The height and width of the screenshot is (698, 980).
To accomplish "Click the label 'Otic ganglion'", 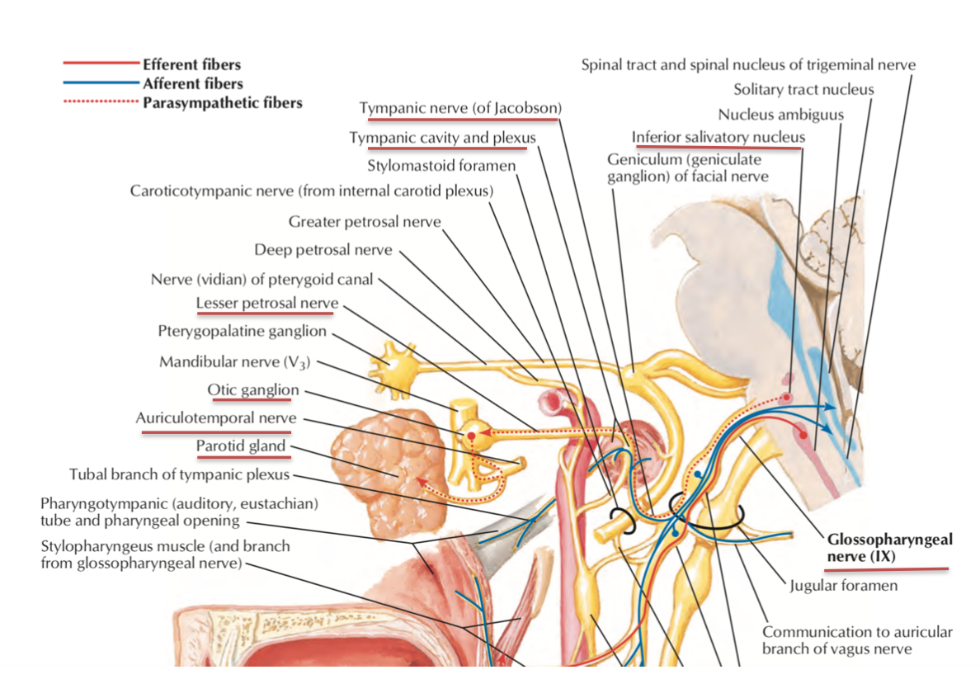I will click(x=253, y=389).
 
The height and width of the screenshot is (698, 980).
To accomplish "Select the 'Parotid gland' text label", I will click(x=241, y=446).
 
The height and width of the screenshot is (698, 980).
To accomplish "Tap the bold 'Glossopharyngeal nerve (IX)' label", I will click(x=889, y=548).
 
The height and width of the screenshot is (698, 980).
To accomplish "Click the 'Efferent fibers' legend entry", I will click(x=191, y=64).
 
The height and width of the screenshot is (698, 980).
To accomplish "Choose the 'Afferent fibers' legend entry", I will click(x=192, y=83).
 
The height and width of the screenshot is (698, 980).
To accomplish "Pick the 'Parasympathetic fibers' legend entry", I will click(x=222, y=103).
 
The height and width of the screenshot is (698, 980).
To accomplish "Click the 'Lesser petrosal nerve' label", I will click(x=267, y=303).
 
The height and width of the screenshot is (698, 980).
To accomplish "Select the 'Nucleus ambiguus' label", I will click(x=780, y=115).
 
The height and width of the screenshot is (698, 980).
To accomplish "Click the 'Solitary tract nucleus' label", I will click(x=803, y=89).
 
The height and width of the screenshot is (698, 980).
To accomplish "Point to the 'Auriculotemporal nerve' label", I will click(x=216, y=418).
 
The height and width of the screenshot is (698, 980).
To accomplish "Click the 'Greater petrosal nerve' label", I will click(x=365, y=222).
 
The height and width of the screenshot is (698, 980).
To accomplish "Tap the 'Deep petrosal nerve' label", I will click(x=323, y=249).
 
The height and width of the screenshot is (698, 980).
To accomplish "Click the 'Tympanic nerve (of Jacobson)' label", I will click(x=460, y=108).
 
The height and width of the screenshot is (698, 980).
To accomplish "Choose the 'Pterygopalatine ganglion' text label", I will click(x=243, y=332).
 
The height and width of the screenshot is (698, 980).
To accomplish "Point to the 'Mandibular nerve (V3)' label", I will click(x=235, y=361).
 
